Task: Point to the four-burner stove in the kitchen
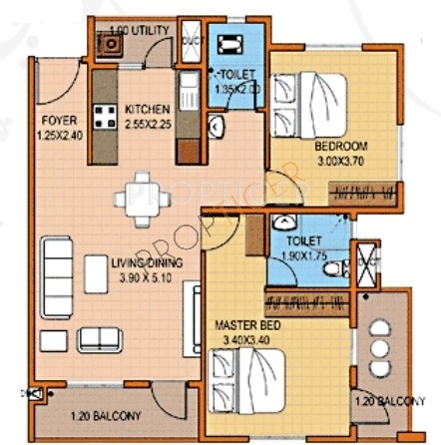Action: click(103, 111)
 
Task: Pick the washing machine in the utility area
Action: click(105, 44)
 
